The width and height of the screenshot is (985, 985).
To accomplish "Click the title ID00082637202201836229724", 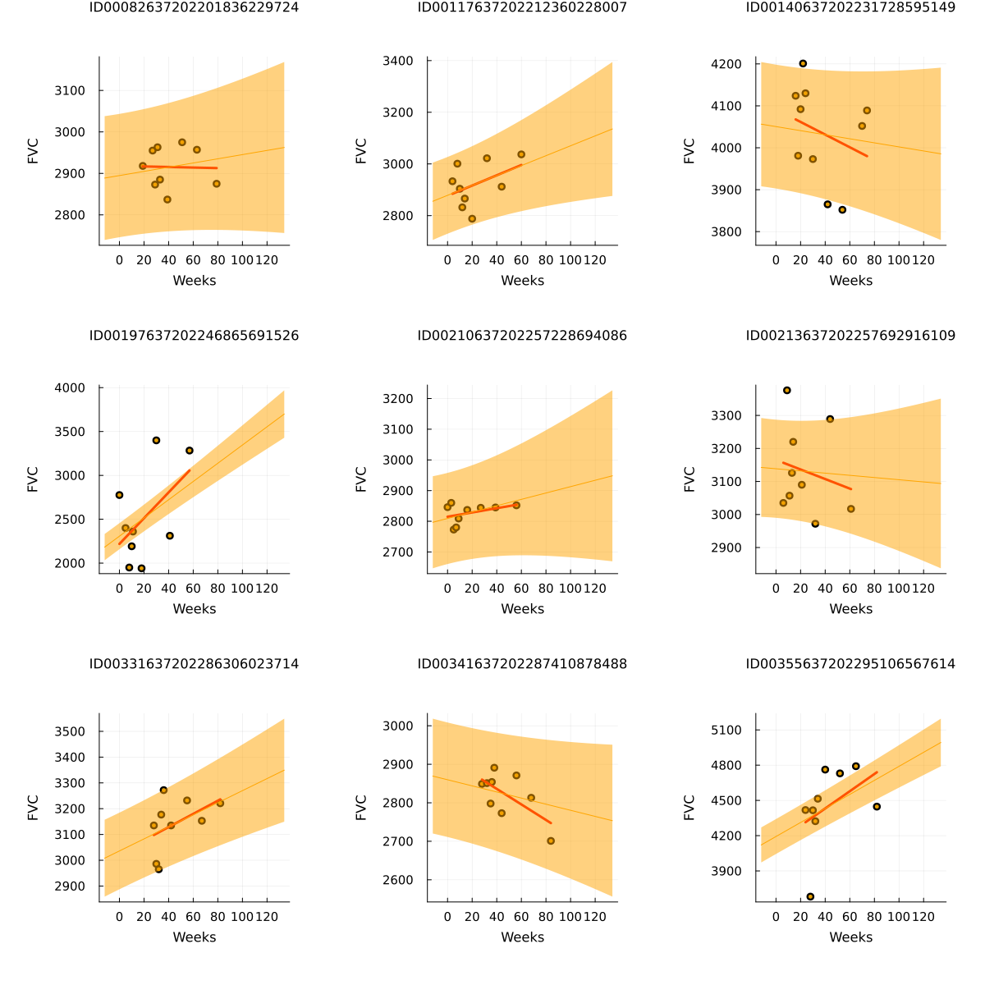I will pos(194,7).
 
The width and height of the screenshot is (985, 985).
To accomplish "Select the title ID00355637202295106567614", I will pos(850,664).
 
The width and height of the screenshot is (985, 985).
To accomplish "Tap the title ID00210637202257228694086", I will pos(522,336).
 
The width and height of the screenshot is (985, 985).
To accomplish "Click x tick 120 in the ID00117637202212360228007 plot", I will pos(595,260).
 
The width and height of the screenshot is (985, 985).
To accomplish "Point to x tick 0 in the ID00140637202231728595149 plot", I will pos(776,260).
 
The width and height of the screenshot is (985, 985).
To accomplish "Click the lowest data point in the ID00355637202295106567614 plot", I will pos(810,896).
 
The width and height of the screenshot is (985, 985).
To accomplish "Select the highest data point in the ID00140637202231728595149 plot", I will pos(803,63).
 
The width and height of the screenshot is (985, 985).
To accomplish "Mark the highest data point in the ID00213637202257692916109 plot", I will pos(787,390).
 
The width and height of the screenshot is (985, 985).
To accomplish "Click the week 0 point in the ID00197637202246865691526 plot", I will pos(119,495).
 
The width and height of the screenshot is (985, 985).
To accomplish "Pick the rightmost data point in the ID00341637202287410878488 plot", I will pos(551,841).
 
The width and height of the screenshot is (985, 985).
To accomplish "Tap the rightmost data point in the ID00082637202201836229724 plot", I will pos(217,184).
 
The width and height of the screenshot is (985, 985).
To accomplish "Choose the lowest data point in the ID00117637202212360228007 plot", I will pos(472,218).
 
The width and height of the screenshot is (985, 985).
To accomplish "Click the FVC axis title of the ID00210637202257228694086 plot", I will pos(361,479).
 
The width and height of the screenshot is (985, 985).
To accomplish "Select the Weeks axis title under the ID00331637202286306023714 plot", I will pos(194,937).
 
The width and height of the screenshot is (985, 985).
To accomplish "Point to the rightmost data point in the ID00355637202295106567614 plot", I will pos(877,806).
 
